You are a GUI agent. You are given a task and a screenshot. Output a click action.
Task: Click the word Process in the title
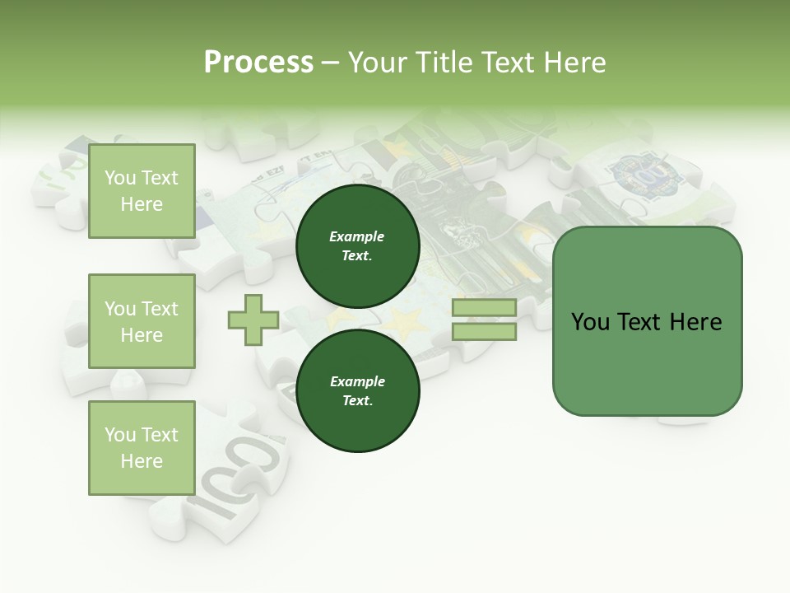[x=258, y=63]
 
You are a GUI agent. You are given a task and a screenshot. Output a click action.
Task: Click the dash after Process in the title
[x=331, y=64]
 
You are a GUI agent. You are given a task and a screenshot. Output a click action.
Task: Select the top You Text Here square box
[x=142, y=191]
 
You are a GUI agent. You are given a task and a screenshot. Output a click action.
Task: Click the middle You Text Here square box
[x=142, y=321]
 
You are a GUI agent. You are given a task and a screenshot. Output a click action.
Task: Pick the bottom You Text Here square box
[x=142, y=447]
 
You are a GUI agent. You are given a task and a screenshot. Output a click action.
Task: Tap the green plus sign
[x=253, y=320]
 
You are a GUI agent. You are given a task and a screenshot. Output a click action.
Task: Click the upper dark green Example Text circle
[x=357, y=246]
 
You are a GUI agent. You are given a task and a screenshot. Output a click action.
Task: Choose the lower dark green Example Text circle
[x=357, y=391]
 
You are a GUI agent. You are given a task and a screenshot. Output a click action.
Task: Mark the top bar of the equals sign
[x=484, y=308]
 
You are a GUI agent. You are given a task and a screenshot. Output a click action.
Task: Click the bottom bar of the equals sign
[x=484, y=332]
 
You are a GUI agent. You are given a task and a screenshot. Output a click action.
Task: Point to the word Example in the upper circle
[x=357, y=236]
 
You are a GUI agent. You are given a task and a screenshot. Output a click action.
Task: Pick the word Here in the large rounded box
[x=695, y=322]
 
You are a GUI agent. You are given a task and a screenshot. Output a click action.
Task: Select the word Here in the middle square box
[x=142, y=335]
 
